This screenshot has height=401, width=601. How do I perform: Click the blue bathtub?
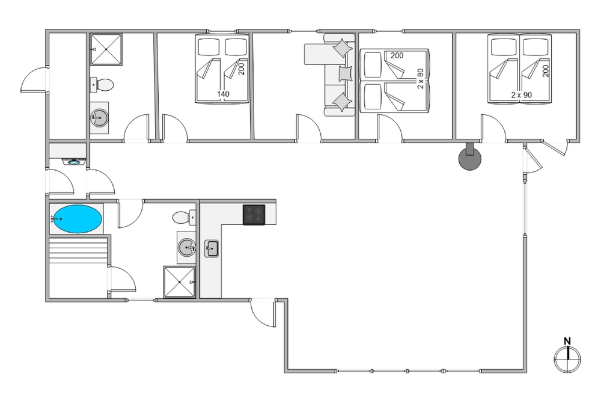tap(78, 219)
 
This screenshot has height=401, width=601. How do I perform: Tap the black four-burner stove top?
tap(254, 215)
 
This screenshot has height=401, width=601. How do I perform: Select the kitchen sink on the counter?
tap(211, 248)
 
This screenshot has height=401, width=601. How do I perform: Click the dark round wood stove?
tap(470, 158)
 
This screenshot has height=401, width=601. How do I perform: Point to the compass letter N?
tap(567, 341)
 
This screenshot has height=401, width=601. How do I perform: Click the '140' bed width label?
tap(223, 94)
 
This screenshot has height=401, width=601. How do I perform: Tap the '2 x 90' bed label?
tap(522, 95)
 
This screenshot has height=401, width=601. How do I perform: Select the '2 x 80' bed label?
tap(421, 79)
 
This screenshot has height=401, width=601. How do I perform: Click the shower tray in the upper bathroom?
tap(106, 49)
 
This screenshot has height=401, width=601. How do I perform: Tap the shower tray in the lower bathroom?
tap(180, 282)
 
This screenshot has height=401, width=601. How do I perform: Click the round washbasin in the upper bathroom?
tap(99, 118)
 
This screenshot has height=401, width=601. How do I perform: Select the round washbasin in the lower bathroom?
tap(187, 247)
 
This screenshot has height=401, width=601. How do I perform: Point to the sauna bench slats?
tap(78, 250)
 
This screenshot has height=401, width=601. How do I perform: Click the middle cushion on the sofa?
tap(345, 73)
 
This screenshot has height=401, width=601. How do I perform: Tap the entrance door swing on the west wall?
tap(34, 80)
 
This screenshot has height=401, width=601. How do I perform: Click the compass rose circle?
tap(568, 360)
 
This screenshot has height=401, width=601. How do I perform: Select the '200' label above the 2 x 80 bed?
tap(397, 55)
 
